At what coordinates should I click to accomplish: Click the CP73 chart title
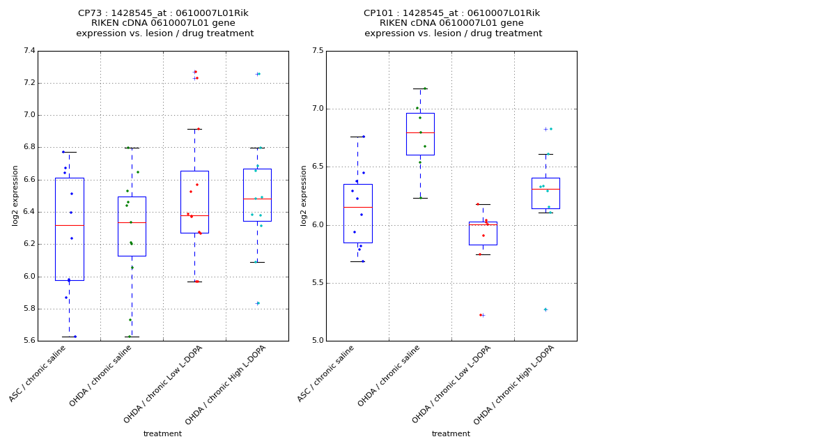[x=164, y=23]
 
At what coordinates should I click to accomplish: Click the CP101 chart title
[x=452, y=23]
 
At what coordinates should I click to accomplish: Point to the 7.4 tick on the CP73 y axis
[x=29, y=51]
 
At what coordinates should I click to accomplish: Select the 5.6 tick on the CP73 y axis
[x=29, y=341]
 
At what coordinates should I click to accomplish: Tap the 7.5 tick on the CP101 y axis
[x=318, y=51]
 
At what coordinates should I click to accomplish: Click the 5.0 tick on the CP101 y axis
[x=318, y=341]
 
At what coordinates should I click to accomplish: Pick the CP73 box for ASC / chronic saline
[x=69, y=229]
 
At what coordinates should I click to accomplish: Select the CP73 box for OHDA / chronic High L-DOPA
[x=257, y=195]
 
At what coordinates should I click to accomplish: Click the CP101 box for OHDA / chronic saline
[x=420, y=134]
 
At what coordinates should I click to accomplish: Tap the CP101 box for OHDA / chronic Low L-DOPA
[x=483, y=233]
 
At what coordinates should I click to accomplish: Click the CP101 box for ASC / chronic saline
[x=357, y=213]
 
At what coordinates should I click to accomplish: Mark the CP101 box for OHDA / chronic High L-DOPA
[x=545, y=193]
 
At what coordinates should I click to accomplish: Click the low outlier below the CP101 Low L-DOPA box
[x=481, y=315]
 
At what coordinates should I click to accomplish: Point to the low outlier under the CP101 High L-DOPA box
[x=545, y=309]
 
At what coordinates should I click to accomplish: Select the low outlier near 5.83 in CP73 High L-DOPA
[x=258, y=303]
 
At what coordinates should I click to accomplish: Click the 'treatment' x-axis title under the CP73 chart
[x=162, y=434]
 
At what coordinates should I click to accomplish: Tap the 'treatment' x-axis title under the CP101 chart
[x=451, y=434]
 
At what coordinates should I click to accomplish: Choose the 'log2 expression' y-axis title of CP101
[x=304, y=195]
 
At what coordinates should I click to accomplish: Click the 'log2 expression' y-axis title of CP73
[x=15, y=195]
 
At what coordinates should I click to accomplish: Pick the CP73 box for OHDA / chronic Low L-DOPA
[x=194, y=202]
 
